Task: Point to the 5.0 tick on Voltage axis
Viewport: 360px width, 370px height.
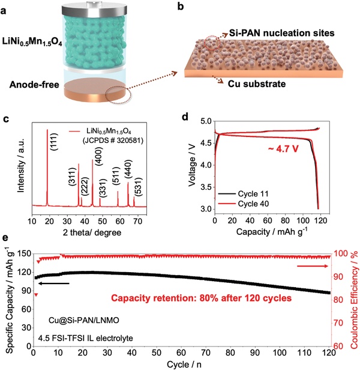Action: (204, 121)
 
